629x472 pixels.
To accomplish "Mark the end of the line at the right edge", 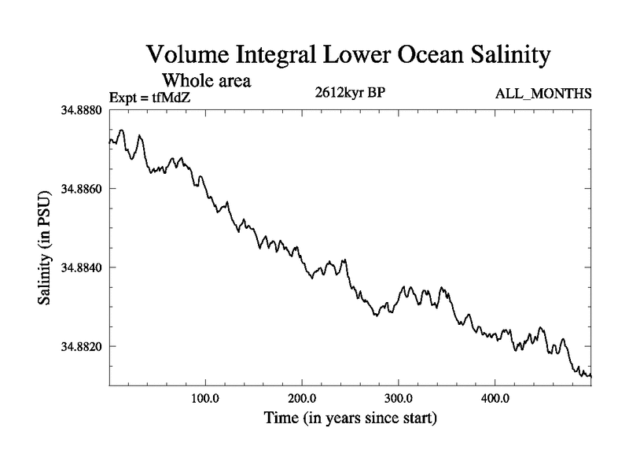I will (x=590, y=375).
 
